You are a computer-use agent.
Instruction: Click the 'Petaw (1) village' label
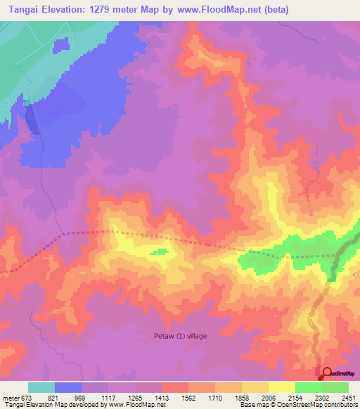(181, 336)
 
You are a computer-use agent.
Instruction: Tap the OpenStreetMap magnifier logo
(327, 374)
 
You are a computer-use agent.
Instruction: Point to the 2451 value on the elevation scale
(349, 398)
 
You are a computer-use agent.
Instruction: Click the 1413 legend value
(162, 398)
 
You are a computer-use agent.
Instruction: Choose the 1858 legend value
(242, 398)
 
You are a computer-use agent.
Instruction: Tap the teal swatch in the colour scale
(41, 387)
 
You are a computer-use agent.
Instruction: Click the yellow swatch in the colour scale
(281, 387)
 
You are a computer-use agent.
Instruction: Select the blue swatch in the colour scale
(68, 387)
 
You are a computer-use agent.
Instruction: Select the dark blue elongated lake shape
(33, 119)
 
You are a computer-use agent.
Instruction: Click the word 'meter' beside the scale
(9, 398)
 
